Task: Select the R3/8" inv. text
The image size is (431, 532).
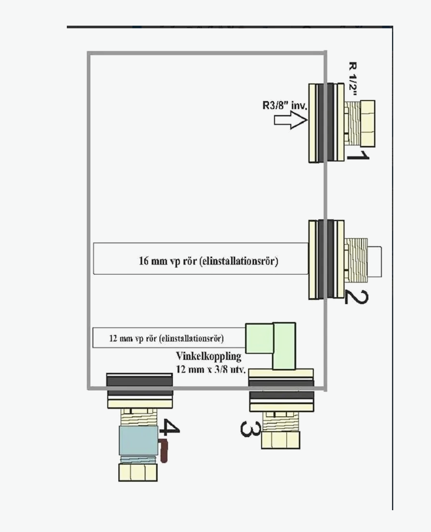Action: point(285,105)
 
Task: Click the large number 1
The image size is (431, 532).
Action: point(358,156)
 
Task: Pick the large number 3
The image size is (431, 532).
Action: point(250,428)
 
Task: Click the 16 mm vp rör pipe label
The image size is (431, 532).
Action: point(208,261)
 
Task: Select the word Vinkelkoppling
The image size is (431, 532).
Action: point(209,357)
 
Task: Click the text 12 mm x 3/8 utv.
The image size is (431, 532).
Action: point(211,370)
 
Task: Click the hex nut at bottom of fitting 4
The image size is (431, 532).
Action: point(138,472)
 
